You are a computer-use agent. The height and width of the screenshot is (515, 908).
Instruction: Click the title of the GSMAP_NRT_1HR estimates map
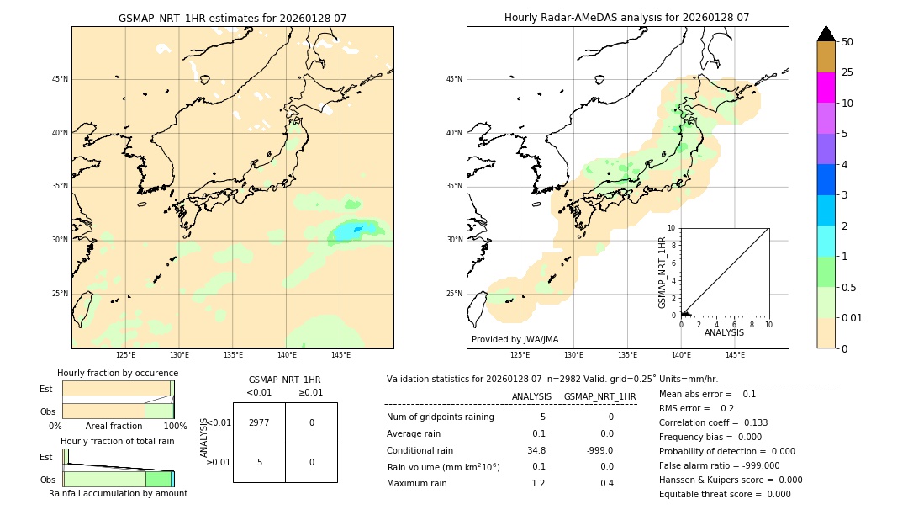[x=232, y=18]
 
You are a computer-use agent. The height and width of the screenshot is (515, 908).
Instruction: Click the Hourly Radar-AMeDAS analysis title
[x=626, y=18]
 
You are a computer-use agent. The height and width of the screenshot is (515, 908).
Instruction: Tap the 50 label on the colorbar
[x=847, y=42]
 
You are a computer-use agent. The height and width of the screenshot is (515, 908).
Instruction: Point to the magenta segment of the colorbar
[x=826, y=88]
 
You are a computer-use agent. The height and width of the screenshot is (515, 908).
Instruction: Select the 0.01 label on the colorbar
[x=853, y=317]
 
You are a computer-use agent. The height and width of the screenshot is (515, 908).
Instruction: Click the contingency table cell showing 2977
[x=259, y=422]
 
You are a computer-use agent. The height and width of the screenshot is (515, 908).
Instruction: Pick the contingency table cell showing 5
[x=259, y=462]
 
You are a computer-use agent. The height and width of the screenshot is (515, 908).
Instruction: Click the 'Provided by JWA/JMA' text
[x=515, y=339]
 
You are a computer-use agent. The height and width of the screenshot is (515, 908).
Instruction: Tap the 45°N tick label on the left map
[x=60, y=79]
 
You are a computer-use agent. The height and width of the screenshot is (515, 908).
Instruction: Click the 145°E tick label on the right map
[x=735, y=355]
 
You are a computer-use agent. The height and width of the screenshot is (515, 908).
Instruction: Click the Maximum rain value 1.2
[x=538, y=483]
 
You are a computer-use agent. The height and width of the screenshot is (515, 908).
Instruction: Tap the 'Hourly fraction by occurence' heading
[x=118, y=373]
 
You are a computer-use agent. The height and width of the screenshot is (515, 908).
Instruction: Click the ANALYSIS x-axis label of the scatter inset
[x=724, y=332]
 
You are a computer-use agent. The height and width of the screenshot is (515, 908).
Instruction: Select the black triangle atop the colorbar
[x=826, y=34]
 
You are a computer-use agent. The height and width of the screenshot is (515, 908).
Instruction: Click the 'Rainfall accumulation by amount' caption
[x=118, y=493]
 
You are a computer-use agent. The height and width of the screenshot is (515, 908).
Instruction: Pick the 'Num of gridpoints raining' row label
[x=440, y=417]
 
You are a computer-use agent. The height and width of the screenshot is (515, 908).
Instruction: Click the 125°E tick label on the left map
[x=125, y=355]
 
